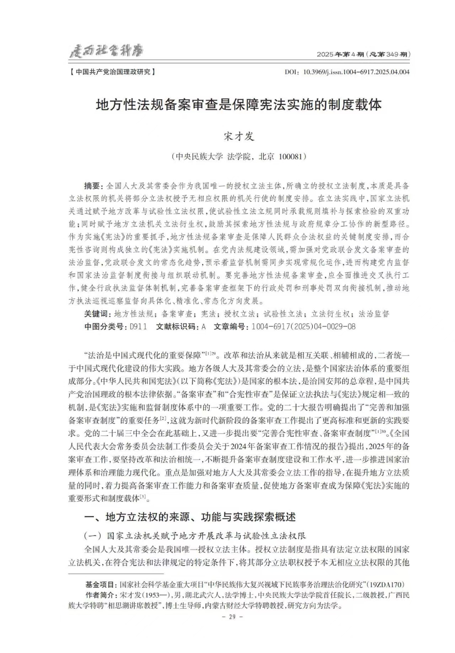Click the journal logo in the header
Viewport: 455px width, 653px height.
pos(106,51)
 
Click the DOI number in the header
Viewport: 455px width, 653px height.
pos(356,72)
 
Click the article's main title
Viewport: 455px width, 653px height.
pos(239,105)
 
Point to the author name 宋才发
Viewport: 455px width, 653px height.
pos(239,136)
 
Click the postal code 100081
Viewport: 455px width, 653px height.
pos(290,157)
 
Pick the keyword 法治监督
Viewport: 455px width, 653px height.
pos(374,314)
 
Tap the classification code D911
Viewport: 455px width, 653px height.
pos(138,327)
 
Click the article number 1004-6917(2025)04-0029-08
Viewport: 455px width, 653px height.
pos(303,327)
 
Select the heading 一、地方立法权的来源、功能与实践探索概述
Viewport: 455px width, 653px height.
pos(190,517)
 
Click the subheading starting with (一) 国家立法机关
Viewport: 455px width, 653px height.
pos(195,536)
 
